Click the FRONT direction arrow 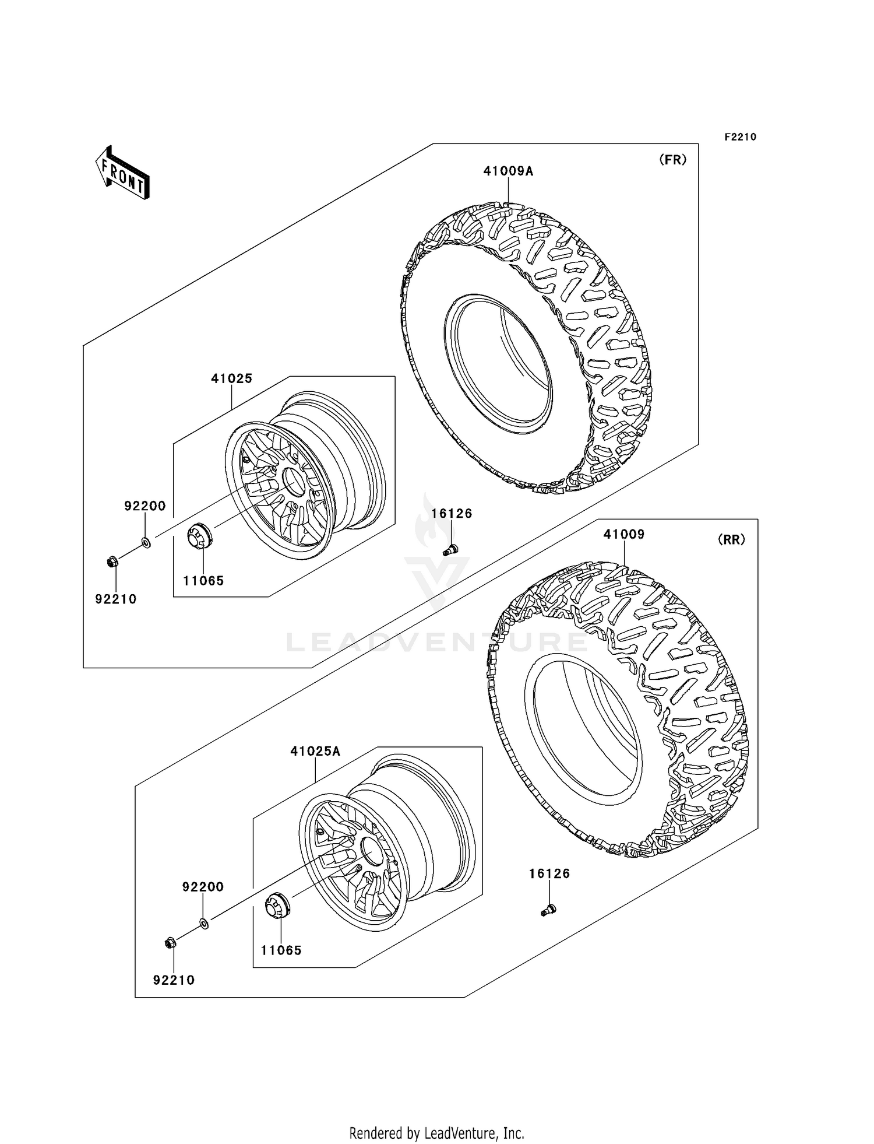[123, 174]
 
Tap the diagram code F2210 [740, 137]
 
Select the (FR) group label [672, 160]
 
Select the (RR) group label [731, 540]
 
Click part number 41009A [508, 171]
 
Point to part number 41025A [315, 752]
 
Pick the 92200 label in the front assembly [145, 506]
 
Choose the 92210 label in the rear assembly [174, 980]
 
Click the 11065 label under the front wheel [203, 581]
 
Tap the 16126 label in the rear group [549, 873]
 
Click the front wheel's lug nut [113, 562]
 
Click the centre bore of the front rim [294, 482]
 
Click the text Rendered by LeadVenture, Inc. [436, 1133]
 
